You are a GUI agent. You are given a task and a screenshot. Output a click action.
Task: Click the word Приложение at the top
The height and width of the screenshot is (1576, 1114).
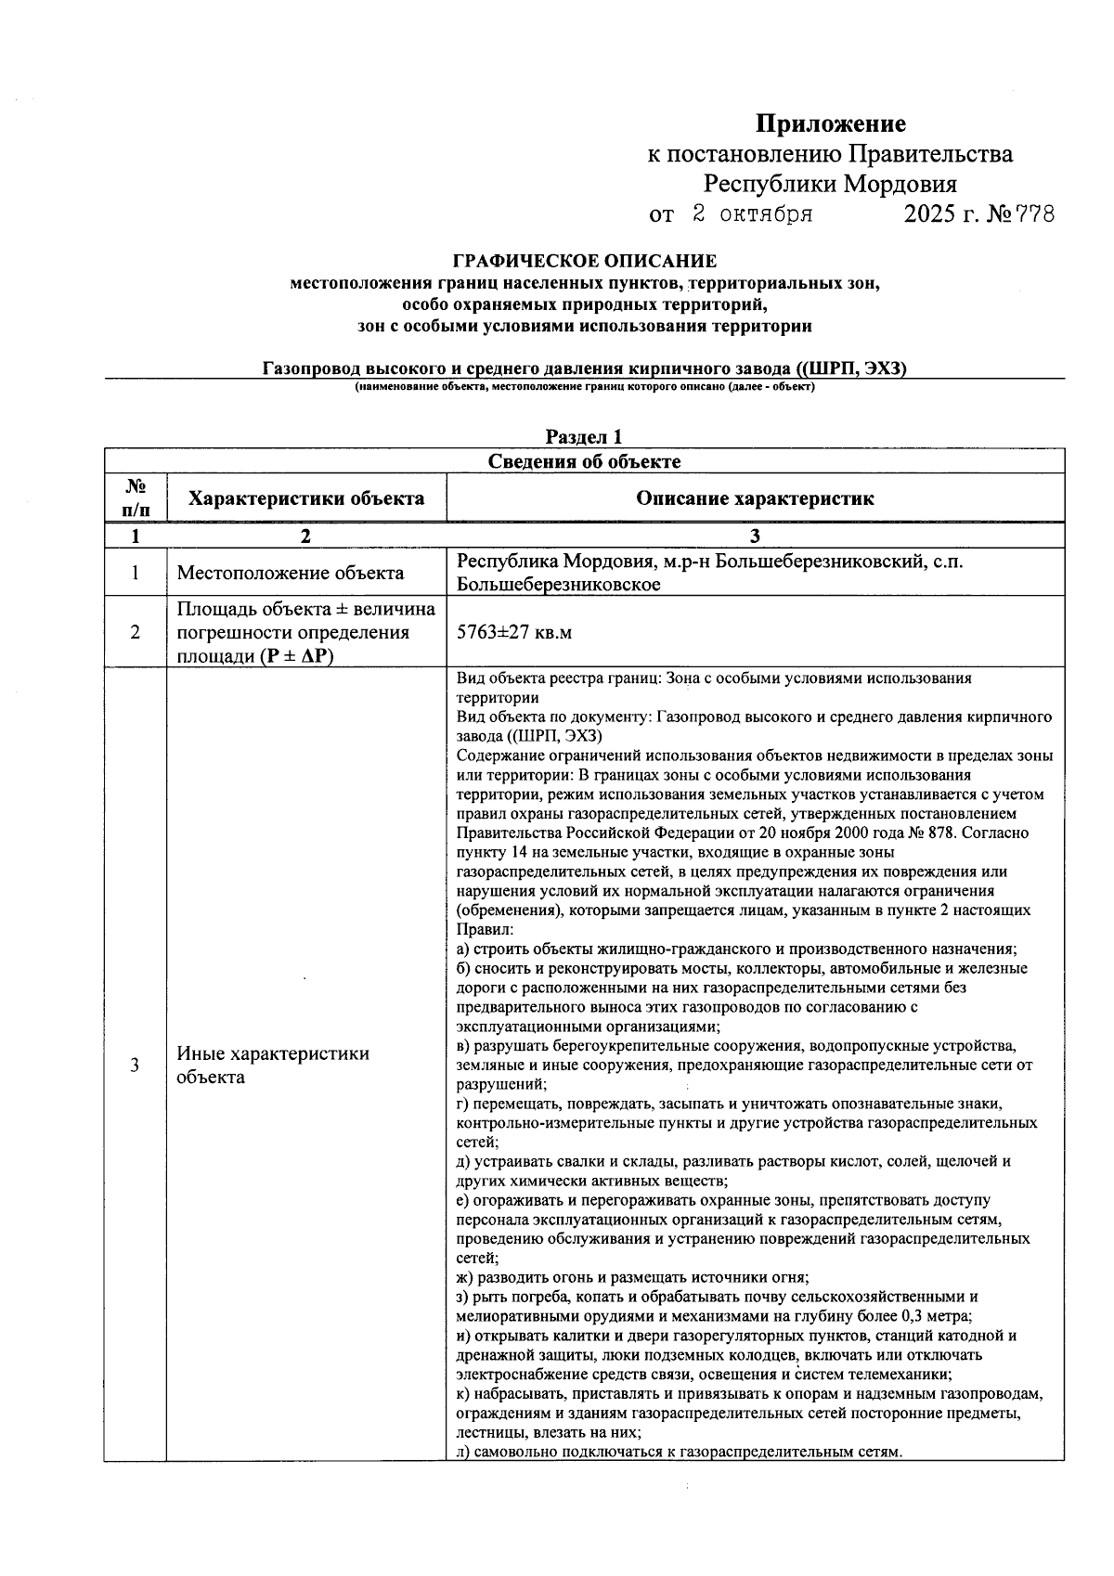pyautogui.click(x=830, y=123)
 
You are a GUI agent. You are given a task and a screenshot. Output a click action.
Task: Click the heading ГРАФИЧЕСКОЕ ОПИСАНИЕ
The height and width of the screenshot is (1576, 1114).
pyautogui.click(x=584, y=262)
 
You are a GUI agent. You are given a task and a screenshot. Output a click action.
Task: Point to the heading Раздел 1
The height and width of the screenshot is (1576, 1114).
pyautogui.click(x=584, y=436)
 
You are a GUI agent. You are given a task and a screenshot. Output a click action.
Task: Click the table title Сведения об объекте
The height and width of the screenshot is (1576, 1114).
pyautogui.click(x=584, y=461)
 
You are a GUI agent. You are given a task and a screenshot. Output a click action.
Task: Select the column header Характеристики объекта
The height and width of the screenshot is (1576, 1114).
pyautogui.click(x=306, y=498)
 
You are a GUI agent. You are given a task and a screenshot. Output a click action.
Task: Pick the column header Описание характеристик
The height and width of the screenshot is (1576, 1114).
pyautogui.click(x=755, y=498)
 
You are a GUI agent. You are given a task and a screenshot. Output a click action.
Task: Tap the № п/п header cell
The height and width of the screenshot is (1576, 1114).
pyautogui.click(x=135, y=497)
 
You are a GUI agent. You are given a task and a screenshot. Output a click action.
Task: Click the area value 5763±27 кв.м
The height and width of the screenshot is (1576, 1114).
pyautogui.click(x=514, y=633)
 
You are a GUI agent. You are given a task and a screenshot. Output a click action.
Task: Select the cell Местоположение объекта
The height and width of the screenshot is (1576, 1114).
pyautogui.click(x=290, y=573)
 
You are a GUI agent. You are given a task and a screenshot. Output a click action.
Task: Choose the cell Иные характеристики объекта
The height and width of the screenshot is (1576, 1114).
pyautogui.click(x=273, y=1066)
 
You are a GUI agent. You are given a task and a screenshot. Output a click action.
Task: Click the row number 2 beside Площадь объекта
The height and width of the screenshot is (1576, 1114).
pyautogui.click(x=135, y=633)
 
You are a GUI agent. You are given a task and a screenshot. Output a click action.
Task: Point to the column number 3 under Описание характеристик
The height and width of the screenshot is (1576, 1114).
pyautogui.click(x=755, y=536)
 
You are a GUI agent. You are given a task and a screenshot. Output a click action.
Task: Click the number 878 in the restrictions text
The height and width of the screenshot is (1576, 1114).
pyautogui.click(x=941, y=833)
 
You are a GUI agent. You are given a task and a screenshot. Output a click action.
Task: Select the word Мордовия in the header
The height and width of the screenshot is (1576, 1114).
pyautogui.click(x=901, y=184)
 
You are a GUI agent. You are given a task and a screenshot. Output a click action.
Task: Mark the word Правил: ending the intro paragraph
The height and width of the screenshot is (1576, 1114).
pyautogui.click(x=480, y=929)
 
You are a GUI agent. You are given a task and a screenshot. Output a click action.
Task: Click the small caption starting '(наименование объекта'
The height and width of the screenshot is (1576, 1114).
pyautogui.click(x=584, y=386)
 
